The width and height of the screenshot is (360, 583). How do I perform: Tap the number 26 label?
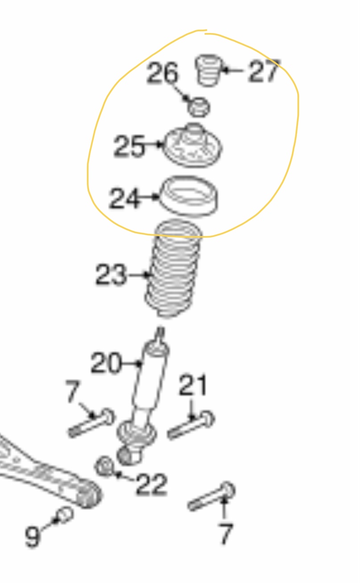162,74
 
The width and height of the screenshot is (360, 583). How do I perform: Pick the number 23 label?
112,275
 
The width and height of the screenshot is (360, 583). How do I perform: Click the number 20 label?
106,363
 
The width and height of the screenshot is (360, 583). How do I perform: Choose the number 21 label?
193,386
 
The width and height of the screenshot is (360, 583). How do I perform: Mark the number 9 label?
32,536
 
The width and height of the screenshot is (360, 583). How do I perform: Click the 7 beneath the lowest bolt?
226,534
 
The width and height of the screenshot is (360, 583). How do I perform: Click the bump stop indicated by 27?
208,70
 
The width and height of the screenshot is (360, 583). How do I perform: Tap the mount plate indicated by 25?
193,147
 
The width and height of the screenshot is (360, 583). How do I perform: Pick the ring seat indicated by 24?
189,196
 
